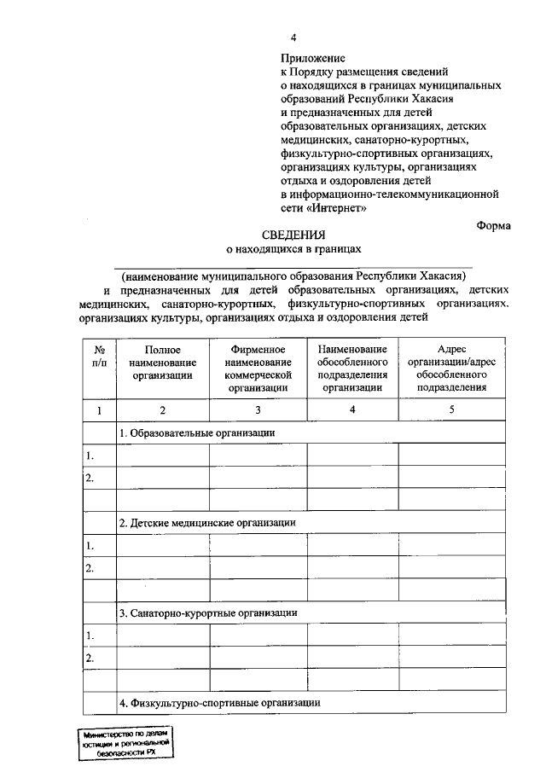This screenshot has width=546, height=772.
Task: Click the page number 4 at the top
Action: [293, 38]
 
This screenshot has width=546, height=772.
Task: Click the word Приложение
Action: [312, 59]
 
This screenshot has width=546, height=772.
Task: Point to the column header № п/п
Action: [99, 356]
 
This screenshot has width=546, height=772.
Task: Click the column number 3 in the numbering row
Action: [258, 410]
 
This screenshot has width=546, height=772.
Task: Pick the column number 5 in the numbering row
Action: [451, 410]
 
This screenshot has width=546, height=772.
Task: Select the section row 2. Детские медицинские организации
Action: [207, 522]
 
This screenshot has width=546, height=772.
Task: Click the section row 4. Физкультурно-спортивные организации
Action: [219, 703]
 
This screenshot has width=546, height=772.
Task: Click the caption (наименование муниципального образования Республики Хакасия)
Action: [293, 276]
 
